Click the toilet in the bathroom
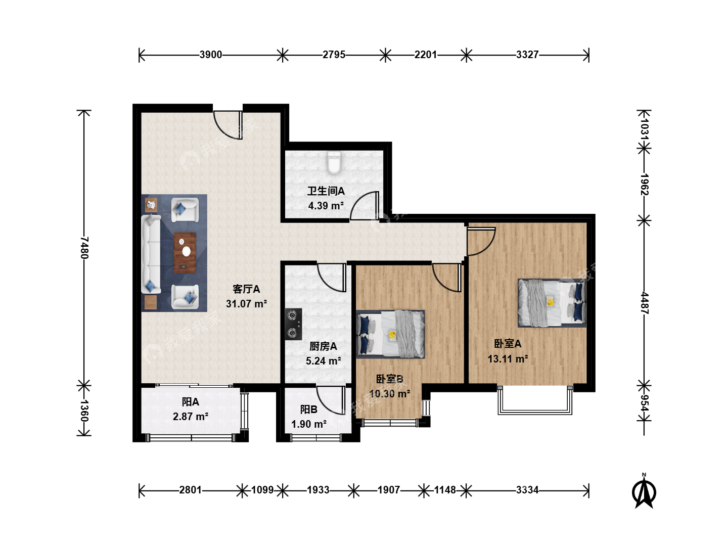334,162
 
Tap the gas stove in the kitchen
293,324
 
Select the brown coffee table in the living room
185,253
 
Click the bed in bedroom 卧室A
552,303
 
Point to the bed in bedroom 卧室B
390,334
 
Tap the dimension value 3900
211,55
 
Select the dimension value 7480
84,247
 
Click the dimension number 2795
334,55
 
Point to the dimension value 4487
644,303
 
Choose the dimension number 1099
262,490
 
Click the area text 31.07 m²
246,304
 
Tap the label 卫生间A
326,191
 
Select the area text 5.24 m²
324,360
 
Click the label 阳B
309,409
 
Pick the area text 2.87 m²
191,417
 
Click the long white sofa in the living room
151,254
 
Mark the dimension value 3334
527,490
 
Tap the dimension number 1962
644,185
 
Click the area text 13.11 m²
508,359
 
